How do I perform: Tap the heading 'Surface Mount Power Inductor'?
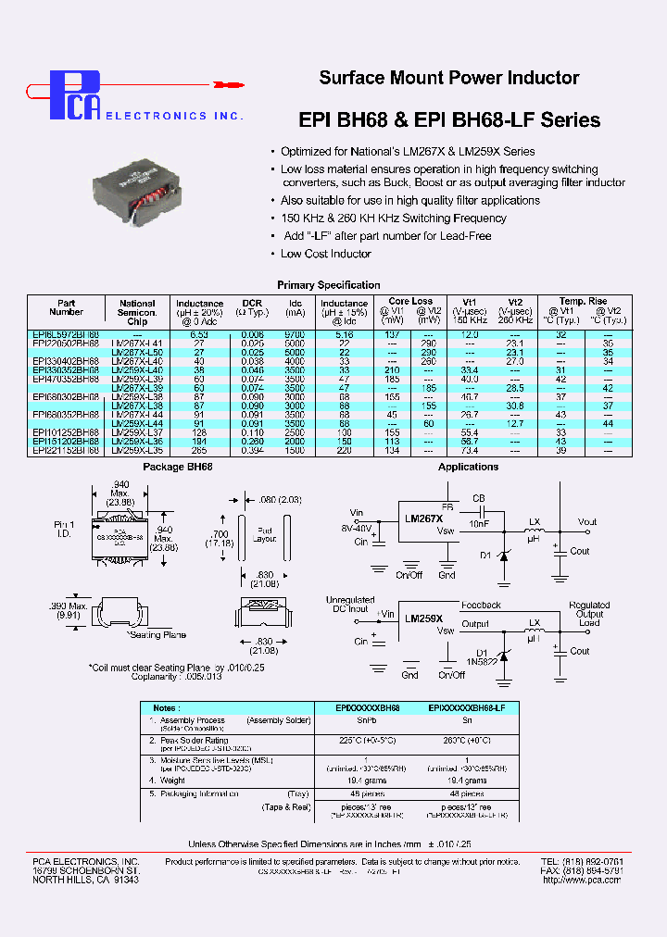[x=449, y=79]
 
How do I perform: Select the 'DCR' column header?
[x=252, y=303]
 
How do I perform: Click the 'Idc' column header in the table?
[x=295, y=303]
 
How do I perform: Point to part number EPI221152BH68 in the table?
[x=66, y=450]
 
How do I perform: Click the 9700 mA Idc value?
[x=295, y=333]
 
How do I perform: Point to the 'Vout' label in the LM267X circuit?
[x=587, y=522]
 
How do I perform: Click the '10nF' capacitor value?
[x=478, y=523]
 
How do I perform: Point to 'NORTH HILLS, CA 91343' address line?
[x=85, y=880]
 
